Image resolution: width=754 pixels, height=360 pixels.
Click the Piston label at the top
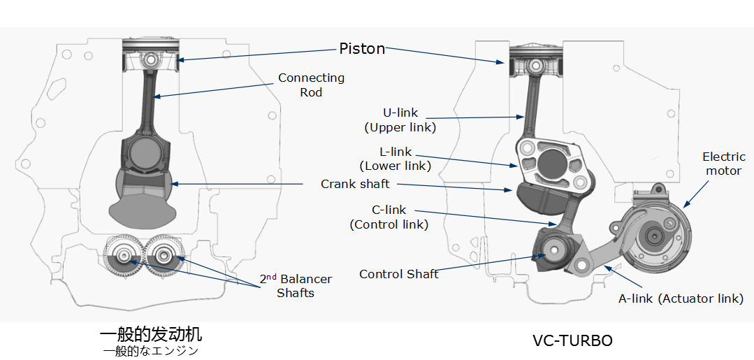[x=362, y=48]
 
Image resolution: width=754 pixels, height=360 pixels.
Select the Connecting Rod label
[x=311, y=85]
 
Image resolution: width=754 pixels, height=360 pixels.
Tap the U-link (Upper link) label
[x=400, y=120]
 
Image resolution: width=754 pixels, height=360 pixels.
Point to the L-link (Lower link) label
[x=395, y=159]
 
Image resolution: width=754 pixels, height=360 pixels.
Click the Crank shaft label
[x=355, y=184]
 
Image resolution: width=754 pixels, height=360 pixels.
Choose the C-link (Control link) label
[x=389, y=217]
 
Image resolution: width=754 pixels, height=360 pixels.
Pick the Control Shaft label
[x=398, y=274]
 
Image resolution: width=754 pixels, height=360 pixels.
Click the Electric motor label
[x=724, y=164]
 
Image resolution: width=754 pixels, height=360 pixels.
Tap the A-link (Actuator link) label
[x=681, y=298]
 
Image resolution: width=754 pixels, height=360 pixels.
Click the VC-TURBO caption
[x=572, y=340]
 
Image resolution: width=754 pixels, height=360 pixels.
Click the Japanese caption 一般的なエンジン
[x=151, y=351]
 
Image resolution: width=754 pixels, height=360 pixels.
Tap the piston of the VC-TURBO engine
[x=536, y=59]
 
